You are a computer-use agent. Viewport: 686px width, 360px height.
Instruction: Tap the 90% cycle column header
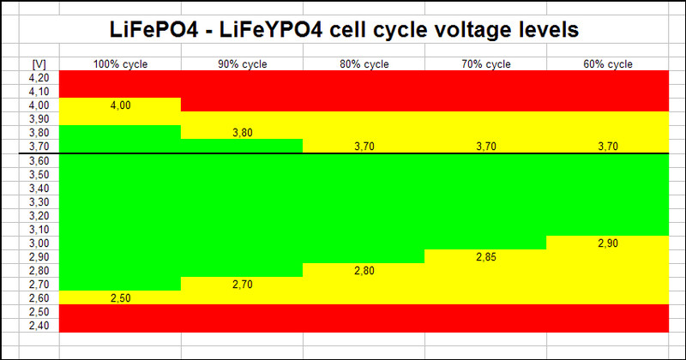[x=243, y=64]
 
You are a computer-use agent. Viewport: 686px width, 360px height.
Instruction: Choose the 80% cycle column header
[x=364, y=64]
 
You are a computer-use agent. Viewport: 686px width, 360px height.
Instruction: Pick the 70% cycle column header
[x=486, y=64]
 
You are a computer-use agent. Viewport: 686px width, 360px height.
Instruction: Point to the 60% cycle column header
[x=608, y=64]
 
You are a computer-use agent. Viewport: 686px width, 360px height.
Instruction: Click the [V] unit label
[x=38, y=64]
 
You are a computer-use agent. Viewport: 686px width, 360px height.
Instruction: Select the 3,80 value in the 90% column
[x=243, y=133]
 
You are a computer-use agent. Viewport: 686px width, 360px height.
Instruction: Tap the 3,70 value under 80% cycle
[x=364, y=147]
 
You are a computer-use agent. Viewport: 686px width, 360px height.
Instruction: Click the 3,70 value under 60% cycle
[x=608, y=147]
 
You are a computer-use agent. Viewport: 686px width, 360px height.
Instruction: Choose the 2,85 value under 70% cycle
[x=486, y=256]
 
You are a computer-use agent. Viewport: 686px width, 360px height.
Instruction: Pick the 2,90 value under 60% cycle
[x=608, y=243]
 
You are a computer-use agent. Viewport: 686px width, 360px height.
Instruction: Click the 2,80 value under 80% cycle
[x=364, y=271]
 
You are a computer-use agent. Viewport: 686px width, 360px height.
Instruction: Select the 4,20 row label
[x=38, y=78]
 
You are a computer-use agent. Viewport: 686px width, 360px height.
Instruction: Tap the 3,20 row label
[x=38, y=215]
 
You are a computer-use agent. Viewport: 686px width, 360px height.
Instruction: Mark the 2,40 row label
[x=38, y=325]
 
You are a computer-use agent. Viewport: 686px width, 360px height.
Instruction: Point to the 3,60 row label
[x=38, y=160]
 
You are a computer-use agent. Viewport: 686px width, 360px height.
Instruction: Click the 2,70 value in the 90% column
[x=243, y=284]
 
